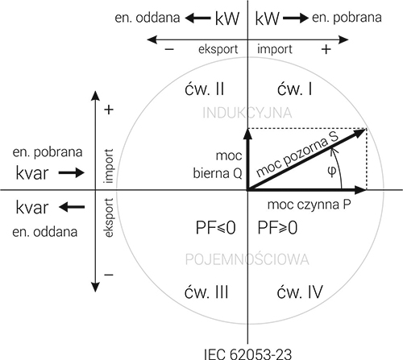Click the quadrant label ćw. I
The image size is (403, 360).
tap(295, 89)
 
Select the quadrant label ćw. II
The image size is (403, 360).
tap(204, 89)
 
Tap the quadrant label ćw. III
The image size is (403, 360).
tap(206, 292)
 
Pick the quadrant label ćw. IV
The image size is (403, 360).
tap(300, 292)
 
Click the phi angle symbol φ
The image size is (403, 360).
tap(332, 171)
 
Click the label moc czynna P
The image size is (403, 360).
tap(309, 205)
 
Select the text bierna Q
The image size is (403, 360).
tap(218, 173)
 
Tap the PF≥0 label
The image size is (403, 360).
tap(277, 228)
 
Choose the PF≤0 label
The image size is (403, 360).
tap(216, 228)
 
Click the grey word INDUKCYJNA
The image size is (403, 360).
tap(247, 113)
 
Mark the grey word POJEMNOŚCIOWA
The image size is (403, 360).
tap(247, 259)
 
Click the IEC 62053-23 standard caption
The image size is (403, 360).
tap(247, 354)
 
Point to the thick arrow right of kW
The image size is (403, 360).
tap(296, 19)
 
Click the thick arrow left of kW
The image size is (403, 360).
tap(198, 19)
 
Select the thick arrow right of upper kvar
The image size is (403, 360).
tap(72, 172)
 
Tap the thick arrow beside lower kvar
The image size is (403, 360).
tap(72, 207)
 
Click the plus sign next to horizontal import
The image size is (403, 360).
tap(326, 49)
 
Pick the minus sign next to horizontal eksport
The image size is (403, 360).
tap(169, 49)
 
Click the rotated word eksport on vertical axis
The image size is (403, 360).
tap(109, 217)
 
